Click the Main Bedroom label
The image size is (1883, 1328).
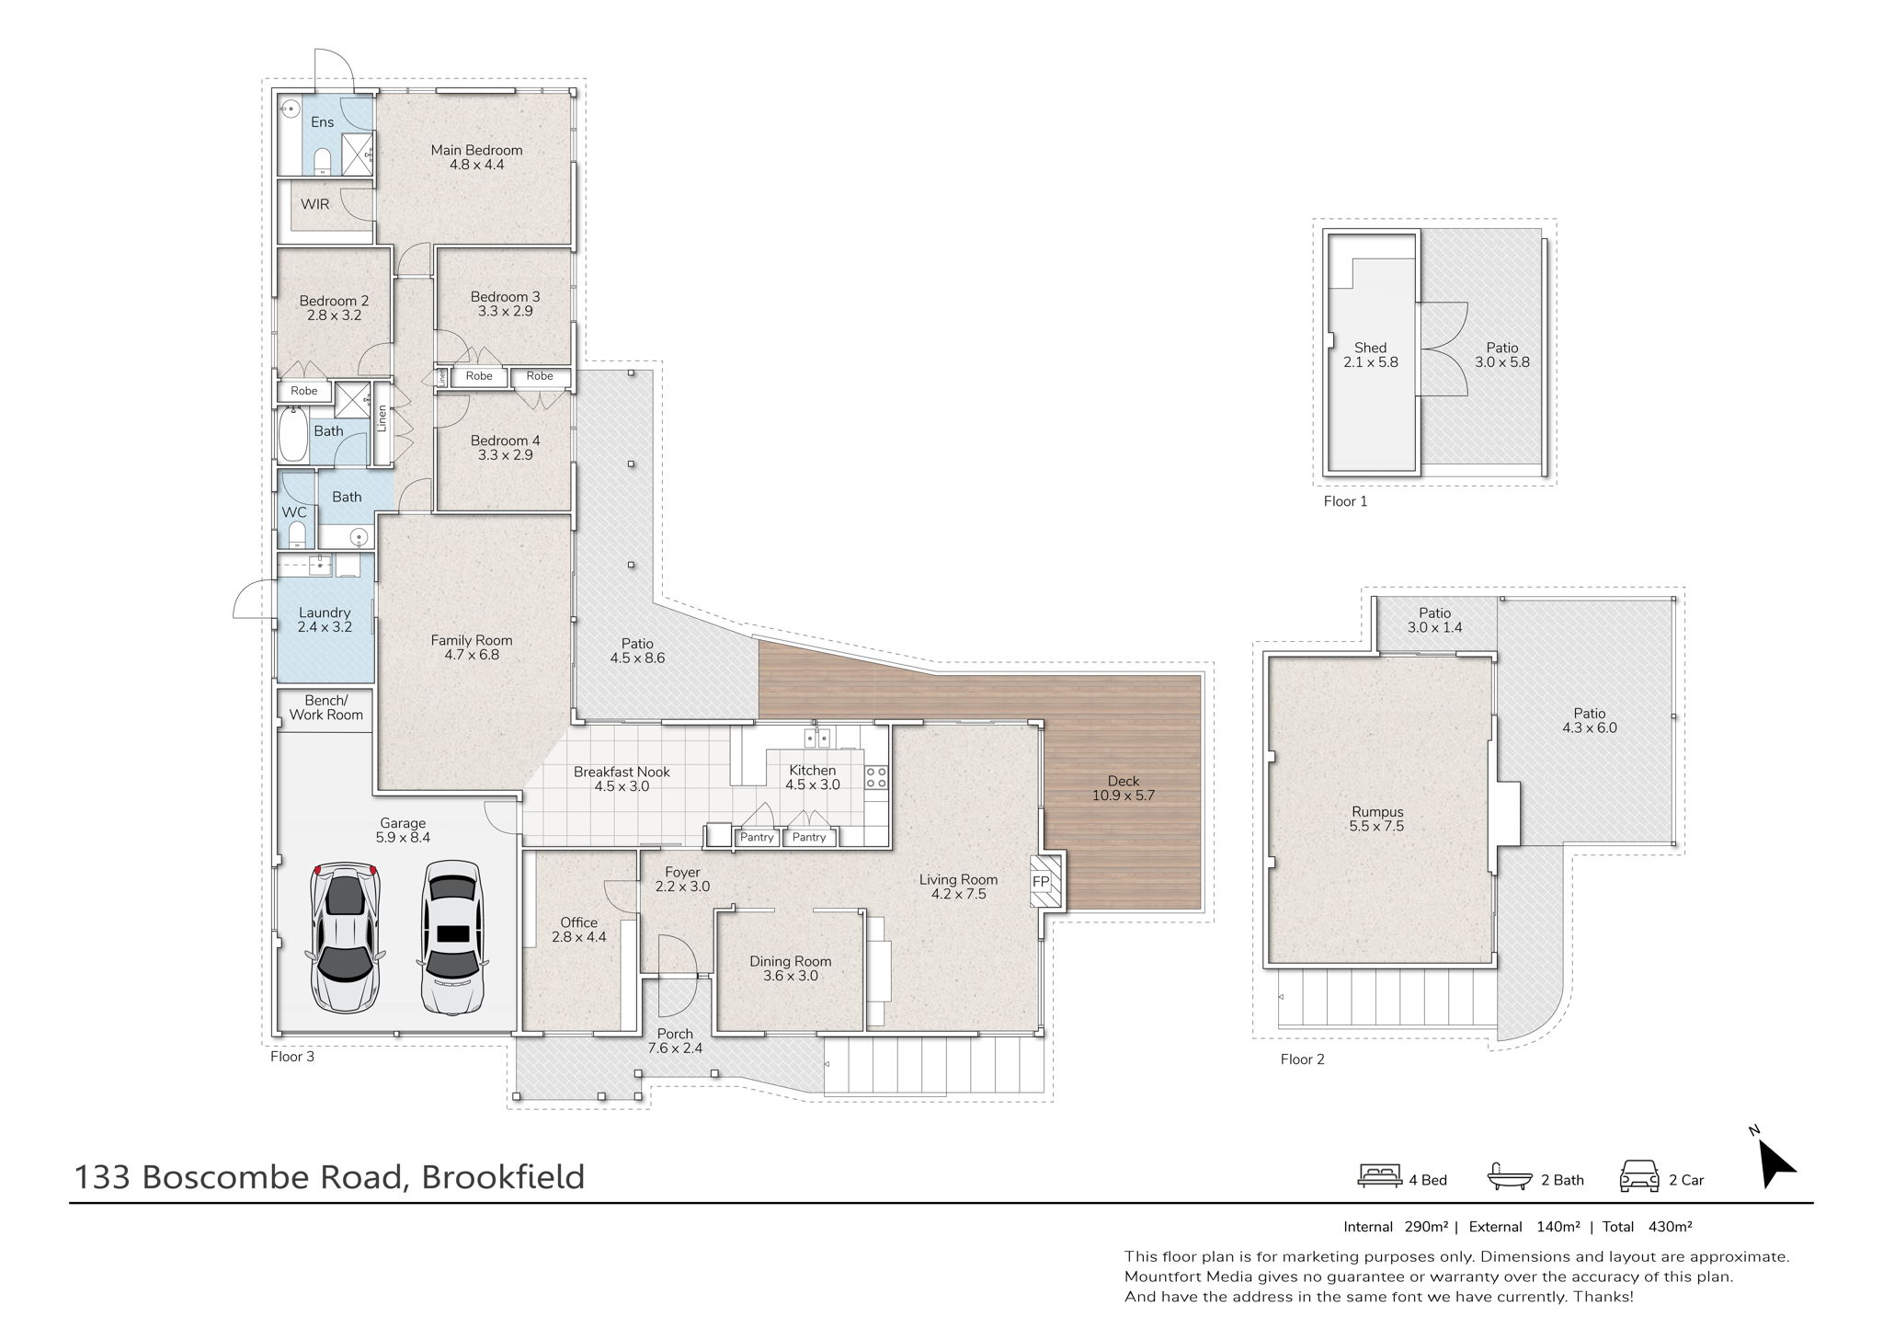[476, 157]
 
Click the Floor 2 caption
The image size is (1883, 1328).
[1302, 1059]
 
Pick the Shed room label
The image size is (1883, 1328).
[1370, 355]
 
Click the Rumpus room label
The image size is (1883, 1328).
[1376, 819]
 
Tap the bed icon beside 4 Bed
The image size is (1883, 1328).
[1379, 1178]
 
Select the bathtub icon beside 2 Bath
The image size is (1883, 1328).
[1510, 1178]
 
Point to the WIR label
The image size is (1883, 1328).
[314, 204]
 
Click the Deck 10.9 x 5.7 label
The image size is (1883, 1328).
[1123, 788]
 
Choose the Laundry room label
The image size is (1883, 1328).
[325, 620]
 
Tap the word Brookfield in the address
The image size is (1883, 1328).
[503, 1177]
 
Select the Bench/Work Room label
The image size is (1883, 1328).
[326, 707]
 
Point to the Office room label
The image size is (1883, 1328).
[579, 930]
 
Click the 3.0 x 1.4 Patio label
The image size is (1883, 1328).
[1434, 620]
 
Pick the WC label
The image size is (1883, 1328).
[294, 512]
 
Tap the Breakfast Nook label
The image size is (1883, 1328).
[622, 779]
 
